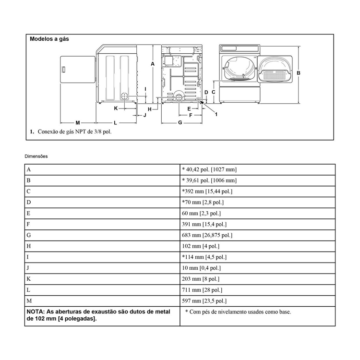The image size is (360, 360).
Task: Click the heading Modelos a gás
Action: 49,39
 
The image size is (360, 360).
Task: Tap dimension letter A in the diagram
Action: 152,64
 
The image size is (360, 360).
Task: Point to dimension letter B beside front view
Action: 299,73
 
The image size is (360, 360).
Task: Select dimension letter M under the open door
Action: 77,123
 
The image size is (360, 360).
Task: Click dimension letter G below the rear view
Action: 180,123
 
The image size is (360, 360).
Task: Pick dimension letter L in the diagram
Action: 115,123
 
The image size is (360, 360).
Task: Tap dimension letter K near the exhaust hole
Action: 116,108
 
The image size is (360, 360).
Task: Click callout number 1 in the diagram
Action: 216,114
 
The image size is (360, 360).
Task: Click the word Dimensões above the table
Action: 36,156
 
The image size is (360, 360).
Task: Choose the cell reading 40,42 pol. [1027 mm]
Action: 209,169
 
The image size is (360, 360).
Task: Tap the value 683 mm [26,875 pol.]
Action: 207,235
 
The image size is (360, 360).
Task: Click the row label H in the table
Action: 29,246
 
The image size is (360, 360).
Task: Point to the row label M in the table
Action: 30,301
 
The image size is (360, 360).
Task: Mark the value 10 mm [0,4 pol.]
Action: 202,268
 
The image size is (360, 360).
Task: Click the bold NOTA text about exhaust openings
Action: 98,315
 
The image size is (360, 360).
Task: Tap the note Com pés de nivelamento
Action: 238,312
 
